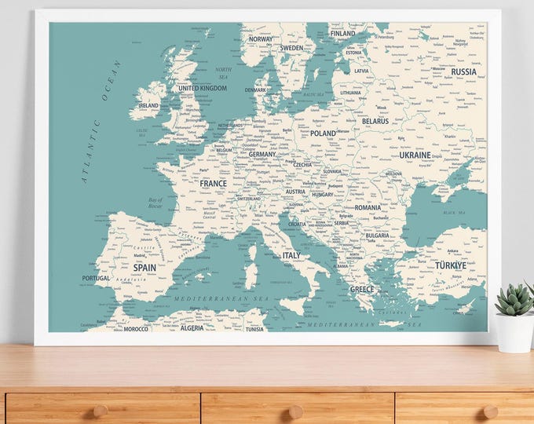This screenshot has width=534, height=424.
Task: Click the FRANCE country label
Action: tap(213, 183)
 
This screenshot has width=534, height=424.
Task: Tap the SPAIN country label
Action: tap(144, 268)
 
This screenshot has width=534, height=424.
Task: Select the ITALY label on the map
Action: tap(291, 255)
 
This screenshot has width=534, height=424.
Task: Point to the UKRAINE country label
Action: tap(415, 155)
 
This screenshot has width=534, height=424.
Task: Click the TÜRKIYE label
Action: tap(451, 265)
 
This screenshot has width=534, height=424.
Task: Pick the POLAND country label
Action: tap(323, 133)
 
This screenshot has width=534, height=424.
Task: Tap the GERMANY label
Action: tap(262, 155)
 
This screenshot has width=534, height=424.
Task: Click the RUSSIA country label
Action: tap(464, 71)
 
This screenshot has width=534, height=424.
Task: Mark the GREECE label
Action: tap(362, 289)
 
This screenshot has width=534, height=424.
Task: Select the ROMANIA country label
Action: tap(367, 208)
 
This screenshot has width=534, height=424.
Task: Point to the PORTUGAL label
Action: tap(96, 278)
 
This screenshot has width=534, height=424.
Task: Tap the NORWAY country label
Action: tap(261, 38)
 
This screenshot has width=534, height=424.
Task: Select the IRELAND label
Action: tap(148, 105)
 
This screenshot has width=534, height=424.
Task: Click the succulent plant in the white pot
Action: tap(515, 300)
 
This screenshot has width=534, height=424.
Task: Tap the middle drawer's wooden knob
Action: tap(296, 410)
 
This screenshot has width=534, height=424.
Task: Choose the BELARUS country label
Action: tap(375, 122)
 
